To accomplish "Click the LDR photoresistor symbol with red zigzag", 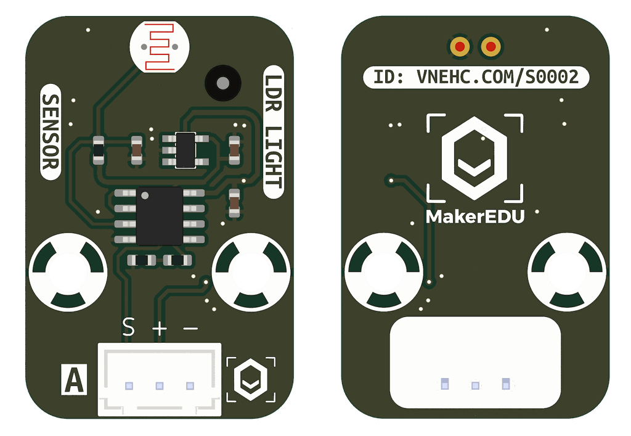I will click(160, 47).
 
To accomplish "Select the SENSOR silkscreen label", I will click(51, 132).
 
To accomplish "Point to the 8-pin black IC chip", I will click(160, 215).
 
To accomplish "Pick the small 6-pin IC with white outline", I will click(185, 149).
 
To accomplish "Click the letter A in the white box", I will click(74, 380).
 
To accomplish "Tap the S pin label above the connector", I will click(128, 327).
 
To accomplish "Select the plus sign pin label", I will click(160, 329).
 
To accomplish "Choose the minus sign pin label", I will click(190, 329).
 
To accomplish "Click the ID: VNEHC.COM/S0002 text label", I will click(475, 77).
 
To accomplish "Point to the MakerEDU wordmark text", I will click(475, 216).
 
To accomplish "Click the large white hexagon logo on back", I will click(474, 158).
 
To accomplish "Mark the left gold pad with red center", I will click(460, 46).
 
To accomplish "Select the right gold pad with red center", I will click(491, 46).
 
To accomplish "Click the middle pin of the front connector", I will click(160, 386).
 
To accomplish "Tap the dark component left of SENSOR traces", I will click(98, 150).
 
